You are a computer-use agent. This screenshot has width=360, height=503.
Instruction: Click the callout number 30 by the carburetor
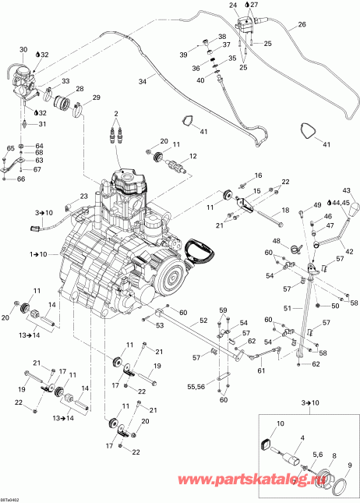tap(23, 50)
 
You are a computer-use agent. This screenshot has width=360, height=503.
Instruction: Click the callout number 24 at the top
tap(232, 5)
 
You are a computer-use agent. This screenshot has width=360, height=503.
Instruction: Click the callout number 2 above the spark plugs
tap(117, 114)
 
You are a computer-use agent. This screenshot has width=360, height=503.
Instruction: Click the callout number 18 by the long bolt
tap(284, 211)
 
